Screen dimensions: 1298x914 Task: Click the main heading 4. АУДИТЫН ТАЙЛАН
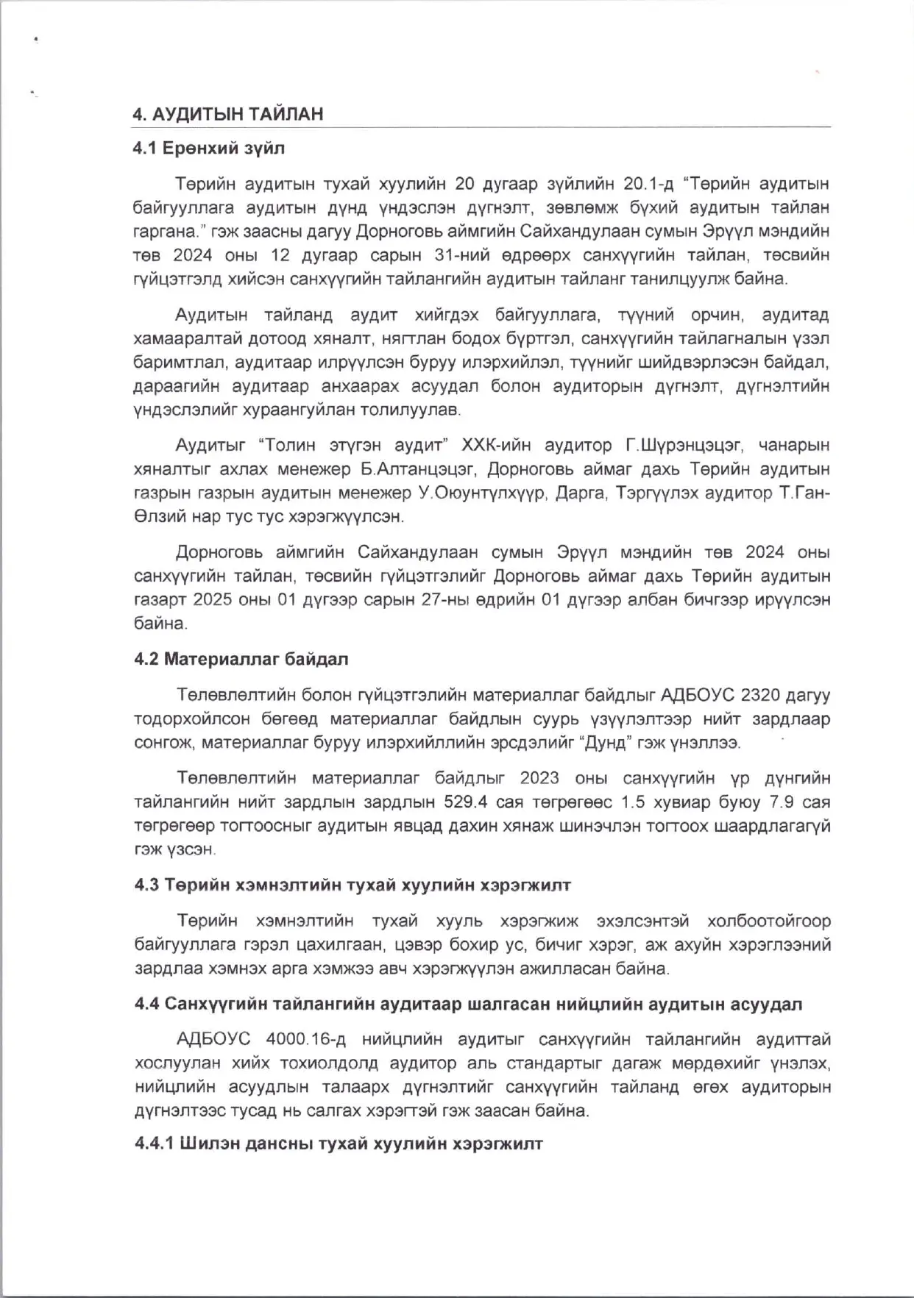(x=228, y=115)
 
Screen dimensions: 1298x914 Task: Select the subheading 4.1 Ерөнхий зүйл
(x=209, y=149)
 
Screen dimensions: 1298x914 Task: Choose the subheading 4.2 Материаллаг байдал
(x=241, y=659)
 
